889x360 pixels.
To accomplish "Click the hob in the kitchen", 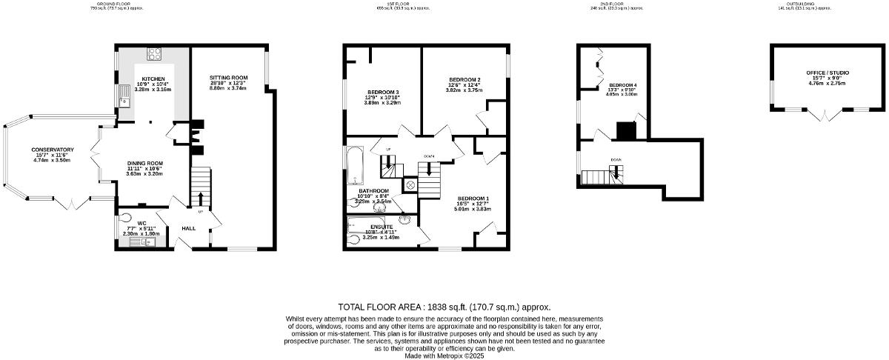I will tap(156, 53).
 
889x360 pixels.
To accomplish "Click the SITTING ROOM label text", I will tap(228, 78).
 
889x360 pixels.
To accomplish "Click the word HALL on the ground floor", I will tap(188, 228).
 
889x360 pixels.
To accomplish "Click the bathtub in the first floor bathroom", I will tap(355, 164).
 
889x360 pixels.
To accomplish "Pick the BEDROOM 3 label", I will tap(382, 92).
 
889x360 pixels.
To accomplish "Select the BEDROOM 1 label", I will tap(473, 198).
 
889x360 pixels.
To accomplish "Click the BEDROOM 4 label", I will tap(622, 85).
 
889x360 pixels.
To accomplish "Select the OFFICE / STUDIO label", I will tap(828, 73).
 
